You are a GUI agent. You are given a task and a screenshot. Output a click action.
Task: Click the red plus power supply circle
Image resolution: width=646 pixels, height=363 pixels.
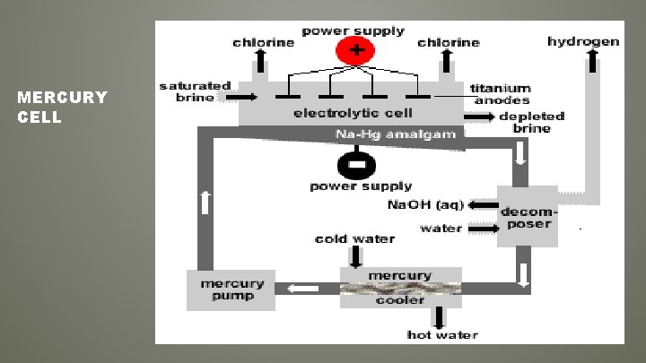(x=355, y=50)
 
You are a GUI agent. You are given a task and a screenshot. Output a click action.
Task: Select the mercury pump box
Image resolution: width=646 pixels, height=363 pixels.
(x=231, y=290)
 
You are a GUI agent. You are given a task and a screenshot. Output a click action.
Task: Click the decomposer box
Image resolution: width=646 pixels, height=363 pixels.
(x=528, y=215)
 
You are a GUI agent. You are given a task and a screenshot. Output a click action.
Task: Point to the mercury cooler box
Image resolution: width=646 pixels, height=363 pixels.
(x=400, y=288)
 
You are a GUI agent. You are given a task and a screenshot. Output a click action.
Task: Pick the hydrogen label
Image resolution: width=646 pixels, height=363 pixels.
(x=583, y=41)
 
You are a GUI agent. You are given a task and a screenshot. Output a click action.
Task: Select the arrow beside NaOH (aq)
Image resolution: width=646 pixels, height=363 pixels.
(x=483, y=205)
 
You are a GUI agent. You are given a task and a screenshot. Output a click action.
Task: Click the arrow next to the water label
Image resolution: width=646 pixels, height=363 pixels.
(x=483, y=229)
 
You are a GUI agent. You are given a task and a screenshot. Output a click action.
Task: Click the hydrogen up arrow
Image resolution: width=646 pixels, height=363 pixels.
(x=593, y=59)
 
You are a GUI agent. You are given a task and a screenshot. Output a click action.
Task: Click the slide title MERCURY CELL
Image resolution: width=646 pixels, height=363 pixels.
(x=62, y=107)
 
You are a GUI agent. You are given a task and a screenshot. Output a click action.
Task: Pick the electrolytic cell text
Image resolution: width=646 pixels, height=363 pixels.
(x=353, y=114)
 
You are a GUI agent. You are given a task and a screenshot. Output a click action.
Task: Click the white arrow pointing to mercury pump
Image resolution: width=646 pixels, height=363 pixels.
(x=303, y=289)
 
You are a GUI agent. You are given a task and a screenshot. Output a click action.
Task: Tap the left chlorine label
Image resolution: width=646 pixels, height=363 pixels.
(x=264, y=42)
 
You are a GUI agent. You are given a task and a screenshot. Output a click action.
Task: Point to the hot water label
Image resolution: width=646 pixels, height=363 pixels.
(x=442, y=334)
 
